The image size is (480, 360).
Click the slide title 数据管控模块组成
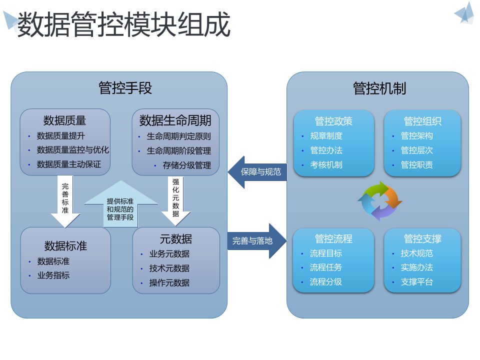(123, 25)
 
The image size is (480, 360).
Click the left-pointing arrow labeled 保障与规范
(257, 172)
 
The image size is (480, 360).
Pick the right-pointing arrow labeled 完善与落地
(256, 240)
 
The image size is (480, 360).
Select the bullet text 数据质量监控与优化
(73, 149)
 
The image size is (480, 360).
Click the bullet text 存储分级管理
(186, 165)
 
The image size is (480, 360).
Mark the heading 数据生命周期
(175, 120)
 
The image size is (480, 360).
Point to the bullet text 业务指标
(53, 275)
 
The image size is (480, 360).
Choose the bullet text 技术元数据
(169, 268)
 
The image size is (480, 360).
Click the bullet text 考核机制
(326, 164)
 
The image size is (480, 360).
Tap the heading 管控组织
(422, 121)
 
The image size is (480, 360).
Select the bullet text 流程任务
(326, 267)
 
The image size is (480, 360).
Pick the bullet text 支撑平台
(416, 281)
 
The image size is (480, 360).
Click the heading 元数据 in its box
(175, 238)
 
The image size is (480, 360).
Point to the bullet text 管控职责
(416, 164)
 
